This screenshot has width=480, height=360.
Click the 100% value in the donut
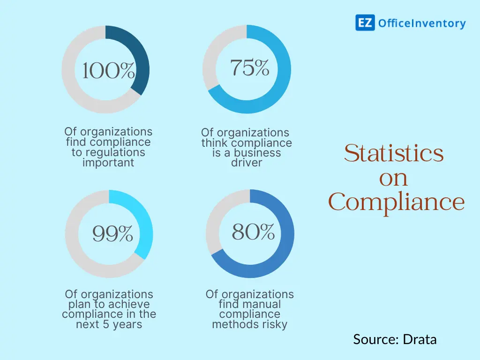(x=109, y=72)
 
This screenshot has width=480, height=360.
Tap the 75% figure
(x=250, y=68)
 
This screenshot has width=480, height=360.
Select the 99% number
(x=112, y=233)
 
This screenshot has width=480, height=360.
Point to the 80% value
(x=253, y=232)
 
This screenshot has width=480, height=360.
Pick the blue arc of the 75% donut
(x=277, y=89)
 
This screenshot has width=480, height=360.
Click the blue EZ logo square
(x=365, y=23)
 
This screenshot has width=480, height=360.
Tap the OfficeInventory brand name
(x=422, y=23)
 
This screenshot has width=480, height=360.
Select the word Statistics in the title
(x=394, y=153)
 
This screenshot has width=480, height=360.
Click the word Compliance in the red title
(x=397, y=202)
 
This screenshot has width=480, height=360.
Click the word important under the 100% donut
(x=108, y=163)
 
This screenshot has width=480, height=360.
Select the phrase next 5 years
(x=109, y=324)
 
